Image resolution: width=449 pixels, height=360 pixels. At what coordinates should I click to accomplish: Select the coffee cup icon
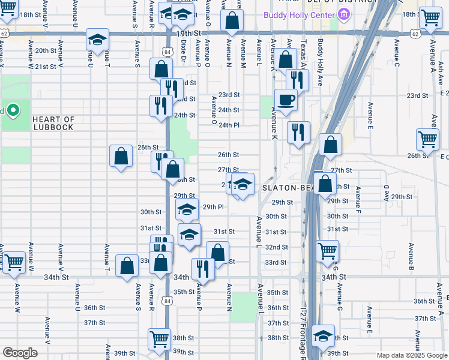286,100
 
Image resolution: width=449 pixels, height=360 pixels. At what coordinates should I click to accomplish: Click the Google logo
20,353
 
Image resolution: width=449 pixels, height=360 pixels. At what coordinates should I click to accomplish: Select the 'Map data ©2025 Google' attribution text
411,355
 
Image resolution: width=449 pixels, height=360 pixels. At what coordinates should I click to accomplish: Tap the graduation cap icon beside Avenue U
96,40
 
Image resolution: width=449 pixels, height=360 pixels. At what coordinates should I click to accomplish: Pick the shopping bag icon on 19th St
232,20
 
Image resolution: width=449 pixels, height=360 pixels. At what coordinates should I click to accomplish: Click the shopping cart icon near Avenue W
14,262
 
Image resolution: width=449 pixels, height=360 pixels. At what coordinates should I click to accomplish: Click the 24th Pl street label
229,125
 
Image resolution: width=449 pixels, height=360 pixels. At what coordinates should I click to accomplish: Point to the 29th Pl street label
213,207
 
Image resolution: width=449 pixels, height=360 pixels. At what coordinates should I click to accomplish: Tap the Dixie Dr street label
184,53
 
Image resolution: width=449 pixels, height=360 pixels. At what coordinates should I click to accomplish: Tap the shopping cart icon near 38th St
159,340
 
